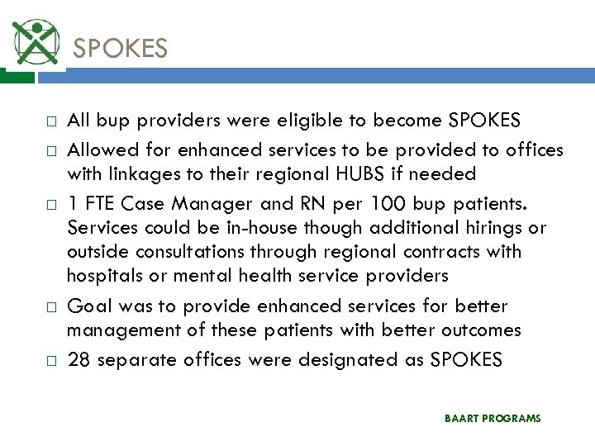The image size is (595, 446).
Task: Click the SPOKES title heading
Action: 121,49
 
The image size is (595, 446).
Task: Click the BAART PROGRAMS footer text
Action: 492,419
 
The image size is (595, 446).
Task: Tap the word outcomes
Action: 483,331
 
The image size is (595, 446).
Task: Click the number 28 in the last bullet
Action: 79,360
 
